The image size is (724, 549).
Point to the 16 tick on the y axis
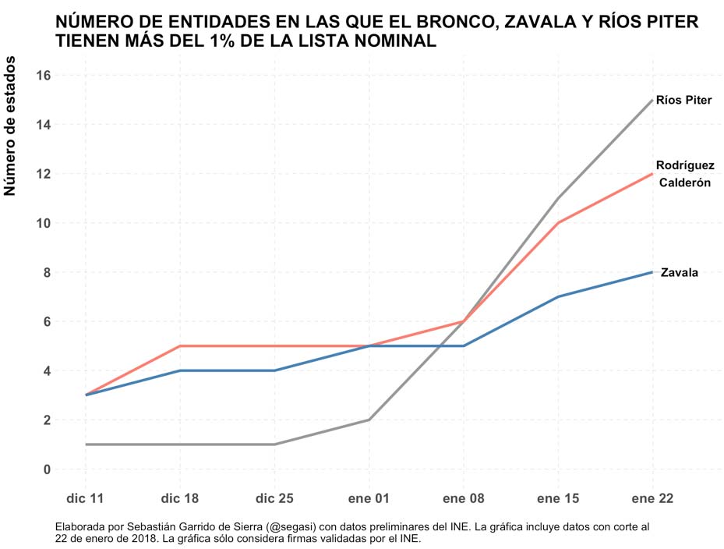(x=43, y=76)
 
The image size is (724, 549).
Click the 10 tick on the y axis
(x=43, y=223)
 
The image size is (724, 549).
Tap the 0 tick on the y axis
(x=47, y=469)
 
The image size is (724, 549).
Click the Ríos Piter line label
(x=683, y=101)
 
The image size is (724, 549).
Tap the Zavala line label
(x=679, y=273)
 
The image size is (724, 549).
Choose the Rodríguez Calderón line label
(x=685, y=174)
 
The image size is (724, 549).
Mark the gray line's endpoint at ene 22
(x=652, y=100)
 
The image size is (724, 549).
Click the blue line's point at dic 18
(x=180, y=370)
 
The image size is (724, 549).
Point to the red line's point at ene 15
(x=558, y=223)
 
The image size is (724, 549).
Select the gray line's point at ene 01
(x=369, y=420)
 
